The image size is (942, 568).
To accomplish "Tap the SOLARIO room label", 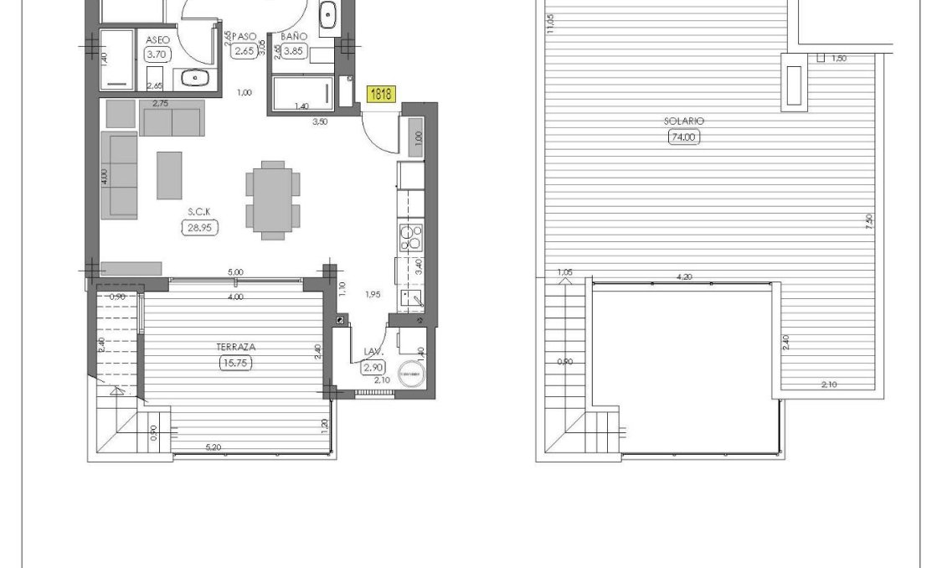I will pyautogui.click(x=683, y=121).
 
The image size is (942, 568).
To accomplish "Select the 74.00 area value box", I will pyautogui.click(x=683, y=137).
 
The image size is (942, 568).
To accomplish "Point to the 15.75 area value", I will pyautogui.click(x=235, y=363).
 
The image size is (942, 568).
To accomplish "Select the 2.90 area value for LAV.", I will pyautogui.click(x=373, y=368).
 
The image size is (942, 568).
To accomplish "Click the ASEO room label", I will pyautogui.click(x=157, y=39).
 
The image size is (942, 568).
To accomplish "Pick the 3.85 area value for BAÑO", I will pyautogui.click(x=295, y=51).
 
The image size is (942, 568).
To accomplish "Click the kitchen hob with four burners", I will pyautogui.click(x=411, y=239).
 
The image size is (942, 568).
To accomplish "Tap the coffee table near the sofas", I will pyautogui.click(x=170, y=175).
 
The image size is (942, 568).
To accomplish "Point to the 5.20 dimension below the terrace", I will pyautogui.click(x=214, y=449).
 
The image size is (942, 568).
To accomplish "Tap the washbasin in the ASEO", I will pyautogui.click(x=195, y=79).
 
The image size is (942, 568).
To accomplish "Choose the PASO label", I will pyautogui.click(x=245, y=37).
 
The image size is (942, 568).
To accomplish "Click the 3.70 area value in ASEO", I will pyautogui.click(x=157, y=54).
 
